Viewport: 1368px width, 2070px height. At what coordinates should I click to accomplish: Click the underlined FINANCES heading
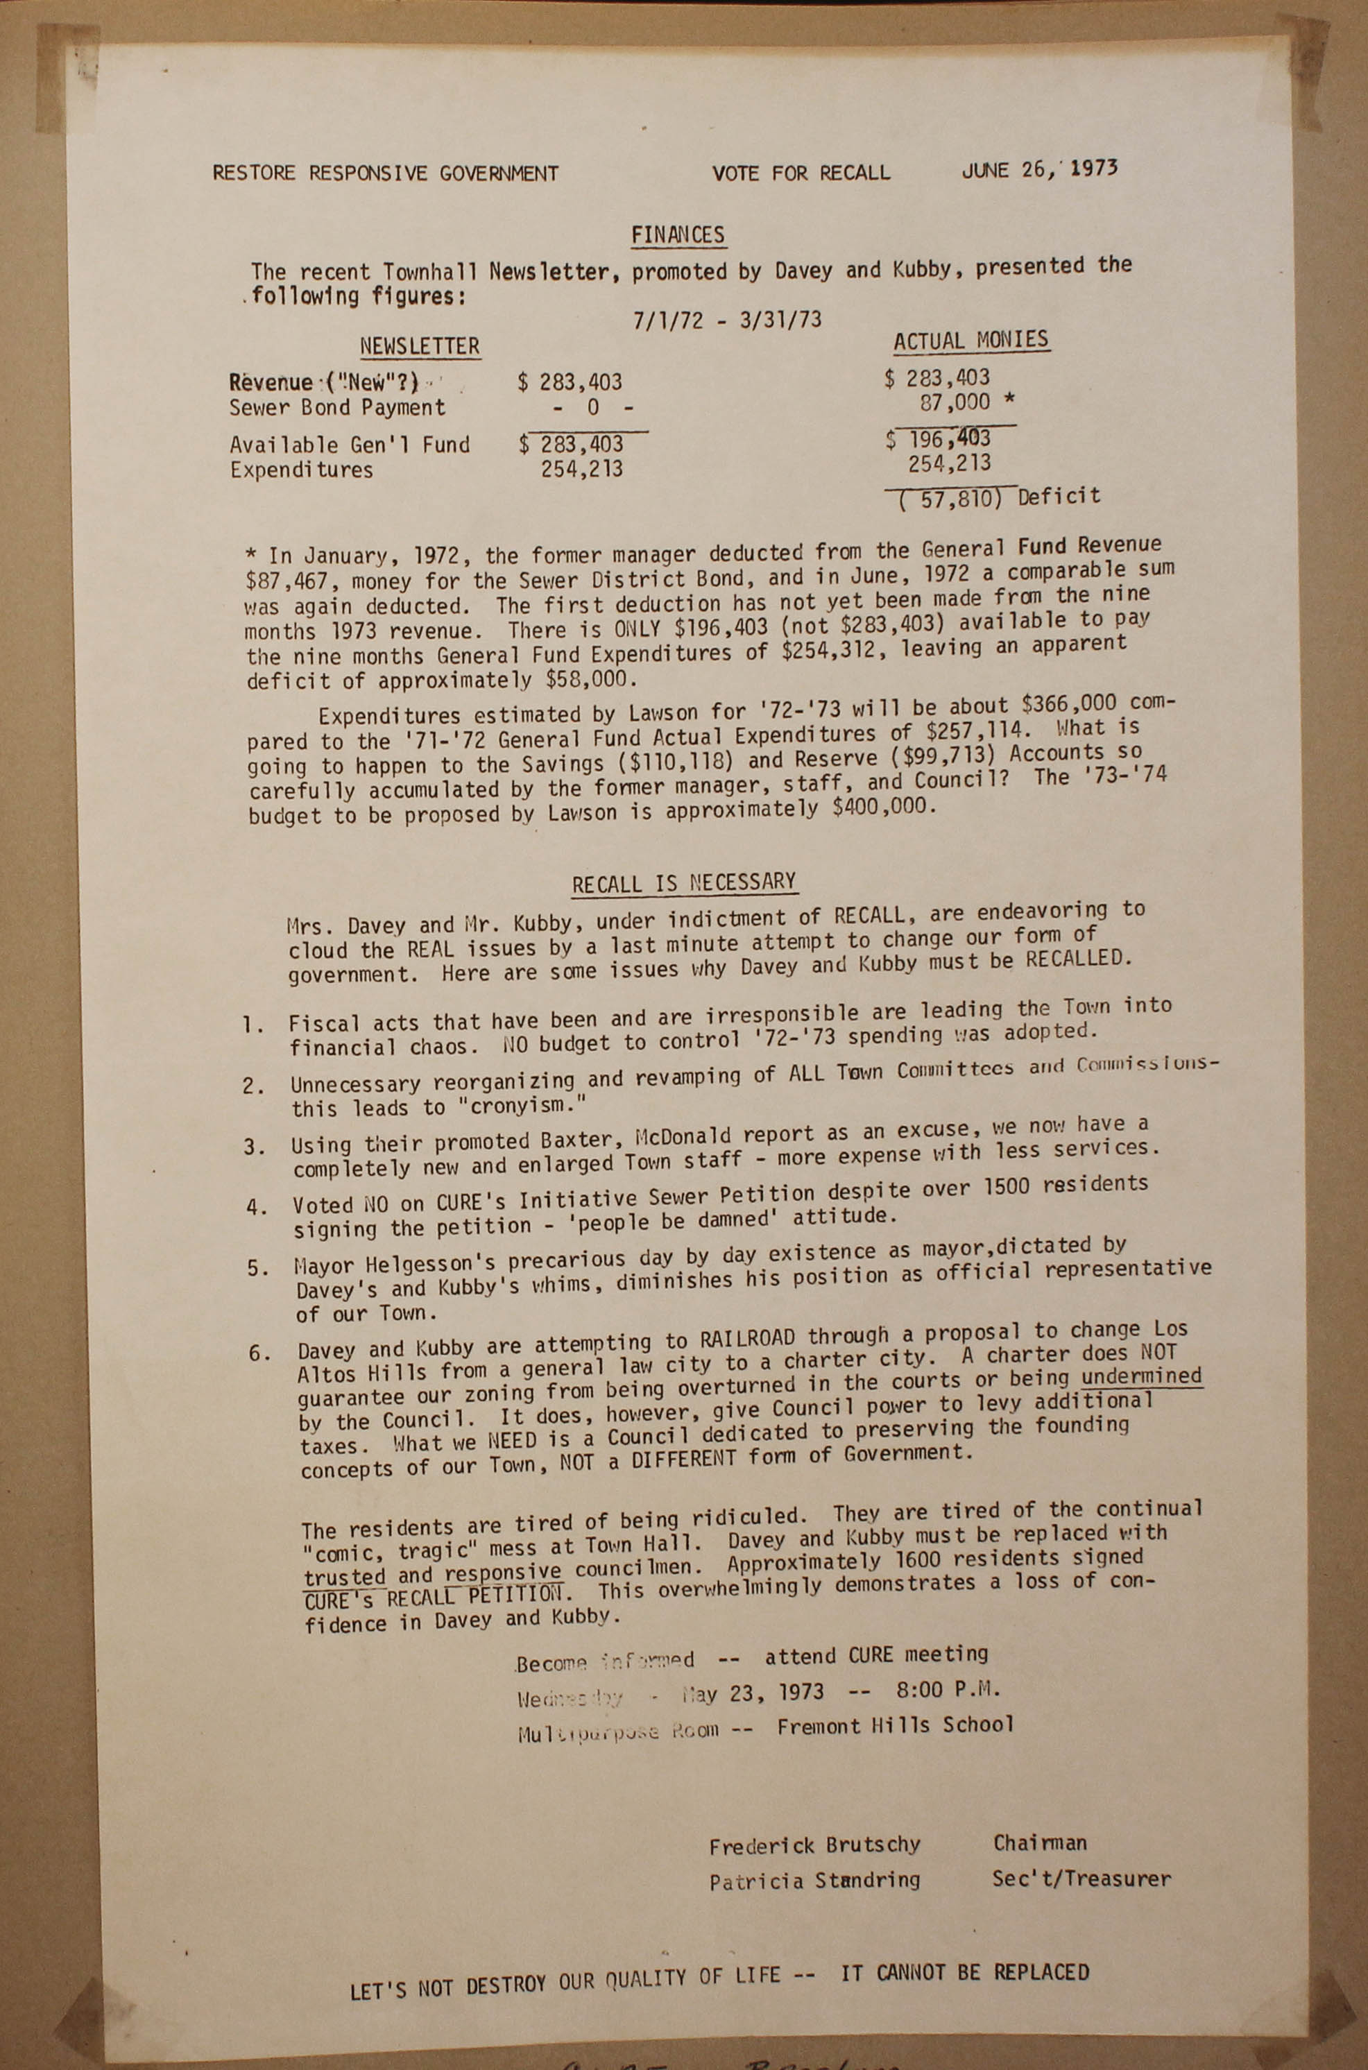678,236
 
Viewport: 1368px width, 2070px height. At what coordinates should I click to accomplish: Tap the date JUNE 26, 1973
1039,169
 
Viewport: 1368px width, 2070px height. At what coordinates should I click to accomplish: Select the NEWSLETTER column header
420,346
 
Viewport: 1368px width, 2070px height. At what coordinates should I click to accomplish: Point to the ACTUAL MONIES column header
971,340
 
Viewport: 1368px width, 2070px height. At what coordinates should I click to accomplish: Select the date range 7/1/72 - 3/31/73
728,319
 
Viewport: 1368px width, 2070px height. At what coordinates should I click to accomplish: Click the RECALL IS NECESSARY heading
684,883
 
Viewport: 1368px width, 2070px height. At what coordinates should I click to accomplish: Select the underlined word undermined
1141,1376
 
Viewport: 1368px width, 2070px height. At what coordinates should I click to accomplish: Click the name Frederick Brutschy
814,1845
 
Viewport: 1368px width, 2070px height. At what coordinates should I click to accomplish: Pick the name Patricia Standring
814,1881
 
